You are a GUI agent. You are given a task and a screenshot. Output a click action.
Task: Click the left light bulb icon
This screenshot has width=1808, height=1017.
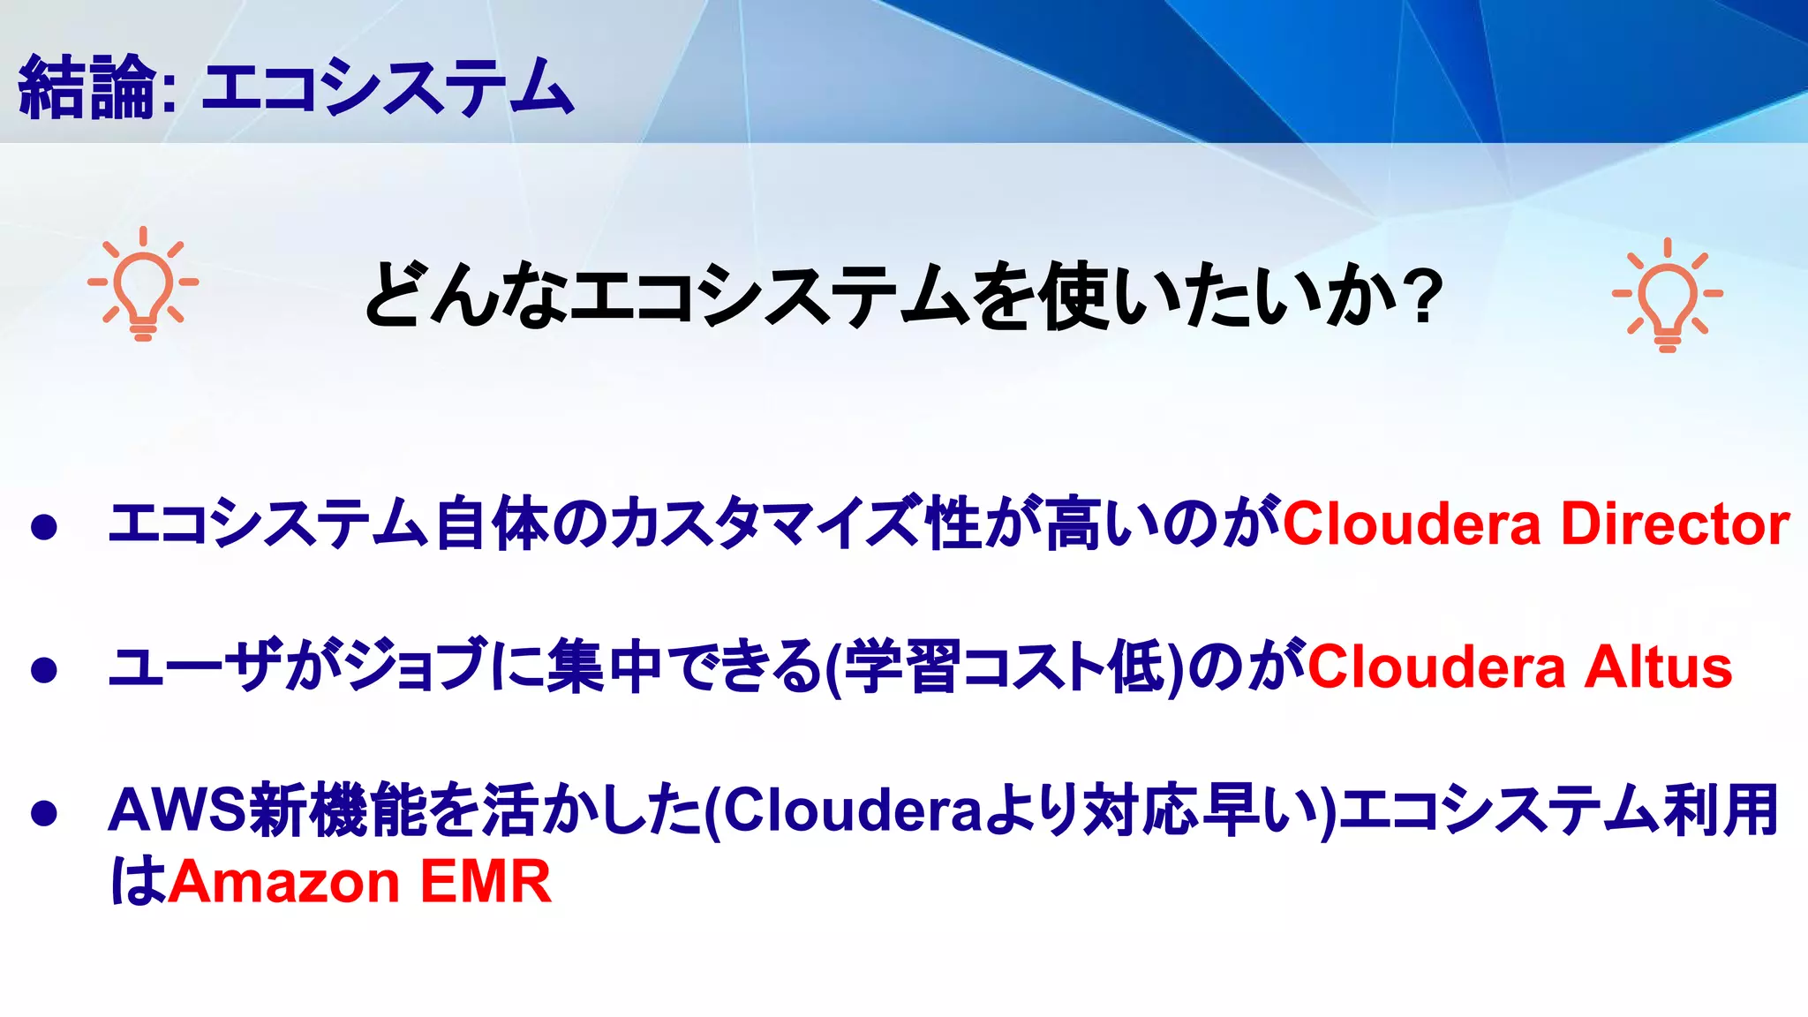(143, 284)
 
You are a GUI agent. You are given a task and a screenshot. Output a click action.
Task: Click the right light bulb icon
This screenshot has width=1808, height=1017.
(1667, 295)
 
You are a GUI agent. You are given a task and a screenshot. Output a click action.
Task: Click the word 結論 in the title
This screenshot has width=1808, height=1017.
(87, 87)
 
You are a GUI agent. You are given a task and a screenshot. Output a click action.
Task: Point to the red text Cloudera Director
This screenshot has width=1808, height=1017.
(1536, 524)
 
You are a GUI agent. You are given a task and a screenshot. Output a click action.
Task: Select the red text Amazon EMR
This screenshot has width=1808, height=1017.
(359, 881)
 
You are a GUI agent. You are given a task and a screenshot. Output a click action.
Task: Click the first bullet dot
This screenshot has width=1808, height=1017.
(43, 527)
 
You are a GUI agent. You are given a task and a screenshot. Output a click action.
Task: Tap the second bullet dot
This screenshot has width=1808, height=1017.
(43, 670)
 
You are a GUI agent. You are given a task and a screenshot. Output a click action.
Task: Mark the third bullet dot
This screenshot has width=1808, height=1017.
(43, 813)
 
